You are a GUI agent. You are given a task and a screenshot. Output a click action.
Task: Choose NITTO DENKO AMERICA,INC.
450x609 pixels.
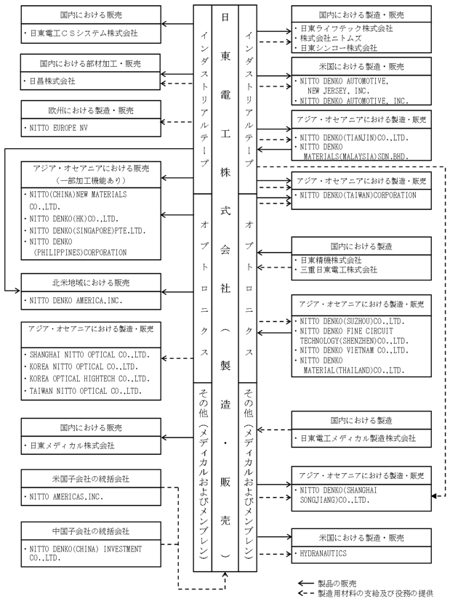76,299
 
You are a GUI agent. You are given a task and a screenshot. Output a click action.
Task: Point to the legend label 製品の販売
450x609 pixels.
336,584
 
